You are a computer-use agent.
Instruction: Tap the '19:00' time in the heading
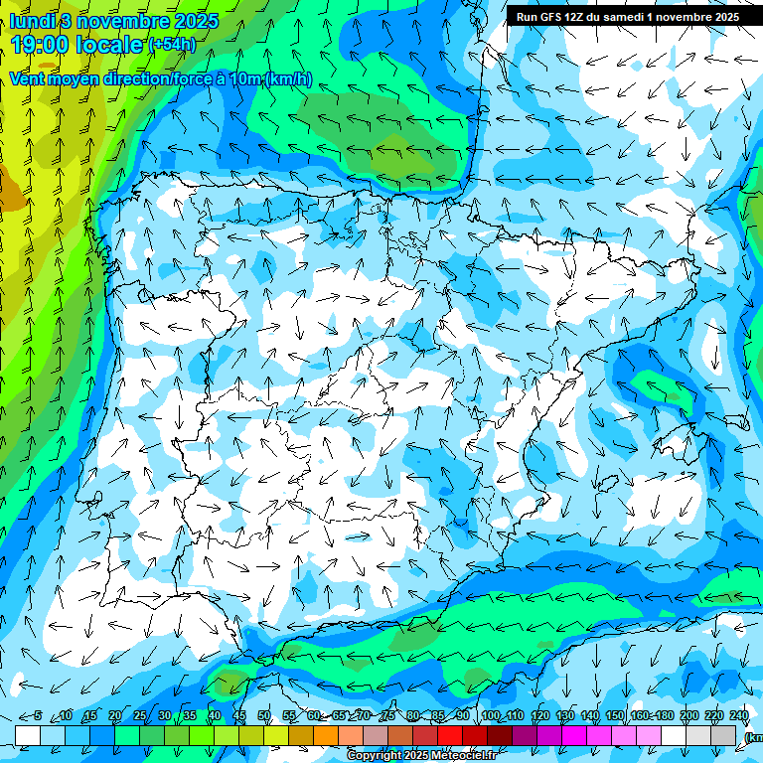click(40, 44)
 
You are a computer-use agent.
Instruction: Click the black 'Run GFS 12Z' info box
click(627, 17)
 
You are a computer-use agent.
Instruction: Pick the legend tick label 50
click(264, 716)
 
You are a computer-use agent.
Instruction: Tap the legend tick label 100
click(491, 716)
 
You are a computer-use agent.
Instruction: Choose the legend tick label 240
click(739, 716)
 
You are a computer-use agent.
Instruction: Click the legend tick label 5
click(38, 716)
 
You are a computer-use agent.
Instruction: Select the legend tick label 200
click(689, 716)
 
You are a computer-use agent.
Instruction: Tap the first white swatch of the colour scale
click(28, 735)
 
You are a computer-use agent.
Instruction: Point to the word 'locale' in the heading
click(109, 44)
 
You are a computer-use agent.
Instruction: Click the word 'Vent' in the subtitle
click(28, 79)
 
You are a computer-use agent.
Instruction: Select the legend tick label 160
click(640, 716)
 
